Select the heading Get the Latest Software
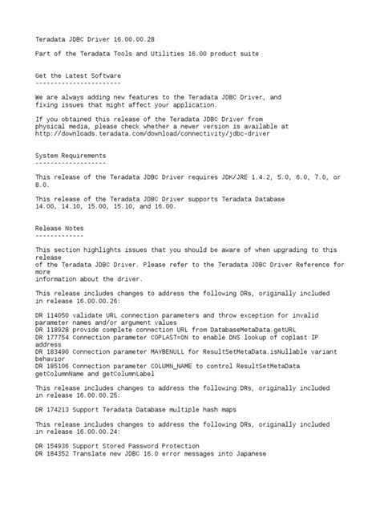tap(78, 74)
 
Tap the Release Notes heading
tap(58, 228)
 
